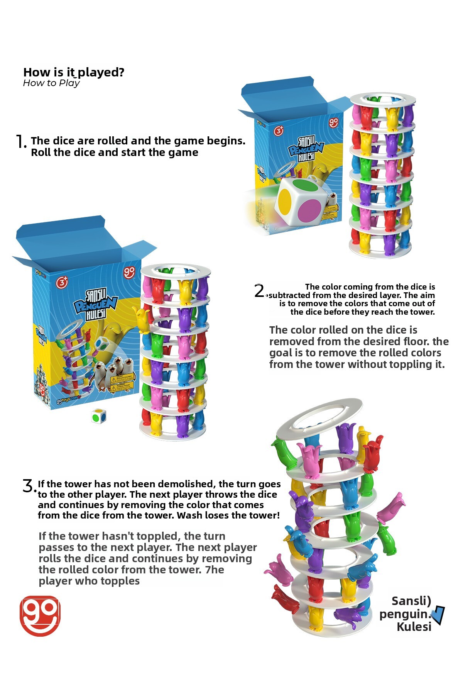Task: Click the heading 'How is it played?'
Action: [x=74, y=72]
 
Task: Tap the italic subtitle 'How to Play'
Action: [x=51, y=83]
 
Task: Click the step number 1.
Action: [x=20, y=142]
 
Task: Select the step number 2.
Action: [x=259, y=290]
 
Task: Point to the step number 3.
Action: [x=29, y=486]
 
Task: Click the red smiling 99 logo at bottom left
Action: [x=40, y=615]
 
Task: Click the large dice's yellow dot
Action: [x=285, y=199]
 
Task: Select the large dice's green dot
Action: [x=301, y=183]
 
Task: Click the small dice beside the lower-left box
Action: [x=99, y=416]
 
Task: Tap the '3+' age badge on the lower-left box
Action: [x=62, y=282]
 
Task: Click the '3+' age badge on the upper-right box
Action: [x=279, y=131]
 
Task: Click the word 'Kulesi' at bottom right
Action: [x=414, y=627]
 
